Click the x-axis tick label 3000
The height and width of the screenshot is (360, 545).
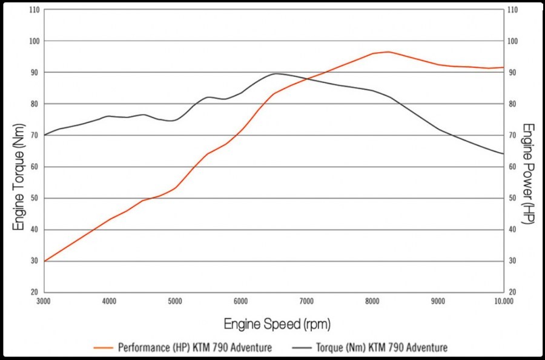44,301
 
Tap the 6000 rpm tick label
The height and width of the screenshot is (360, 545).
240,301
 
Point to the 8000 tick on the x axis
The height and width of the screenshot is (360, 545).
371,301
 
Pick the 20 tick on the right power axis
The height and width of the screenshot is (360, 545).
512,292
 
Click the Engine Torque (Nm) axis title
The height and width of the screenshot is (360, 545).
19,182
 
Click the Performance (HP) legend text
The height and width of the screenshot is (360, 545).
194,347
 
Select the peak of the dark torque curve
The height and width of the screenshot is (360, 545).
276,73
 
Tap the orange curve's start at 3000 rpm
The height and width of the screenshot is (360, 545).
44,261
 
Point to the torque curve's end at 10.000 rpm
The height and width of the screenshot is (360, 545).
503,154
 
